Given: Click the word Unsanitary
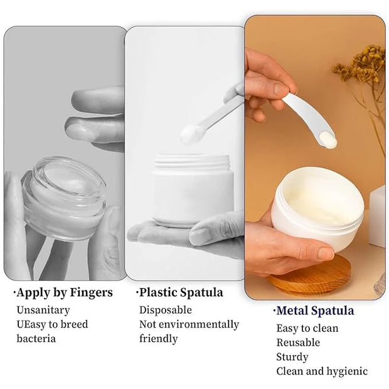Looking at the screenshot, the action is (43, 310).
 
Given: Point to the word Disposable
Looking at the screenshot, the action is (166, 310).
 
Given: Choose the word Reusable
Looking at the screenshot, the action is (298, 343).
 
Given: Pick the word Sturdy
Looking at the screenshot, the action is (292, 357).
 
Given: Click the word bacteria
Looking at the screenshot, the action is (36, 339).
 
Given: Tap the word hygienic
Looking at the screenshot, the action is (347, 371).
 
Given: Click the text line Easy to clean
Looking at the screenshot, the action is (307, 329).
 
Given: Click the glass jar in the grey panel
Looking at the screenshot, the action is (64, 198).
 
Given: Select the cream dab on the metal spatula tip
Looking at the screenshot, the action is (328, 141).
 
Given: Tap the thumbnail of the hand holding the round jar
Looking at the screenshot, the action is (326, 253).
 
